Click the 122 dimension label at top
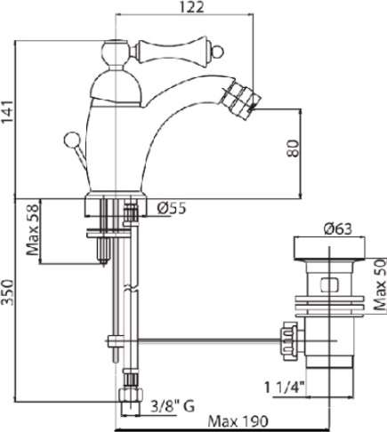point(191,7)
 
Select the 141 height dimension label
point(7,112)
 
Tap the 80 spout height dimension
point(293,148)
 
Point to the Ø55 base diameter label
point(172,208)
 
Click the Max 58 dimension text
point(32,230)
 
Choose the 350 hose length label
point(7,292)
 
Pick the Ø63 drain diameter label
point(338,229)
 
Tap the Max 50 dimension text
point(381,284)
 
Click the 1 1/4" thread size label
point(284,388)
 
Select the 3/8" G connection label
point(173,406)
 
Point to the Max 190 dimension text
point(238,421)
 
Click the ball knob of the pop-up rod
point(71,140)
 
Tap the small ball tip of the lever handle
point(219,52)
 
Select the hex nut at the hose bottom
point(131,395)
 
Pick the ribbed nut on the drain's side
point(288,341)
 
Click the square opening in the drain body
point(329,285)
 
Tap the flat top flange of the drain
point(329,248)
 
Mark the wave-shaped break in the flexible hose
point(131,288)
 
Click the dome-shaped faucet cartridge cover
point(115,88)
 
